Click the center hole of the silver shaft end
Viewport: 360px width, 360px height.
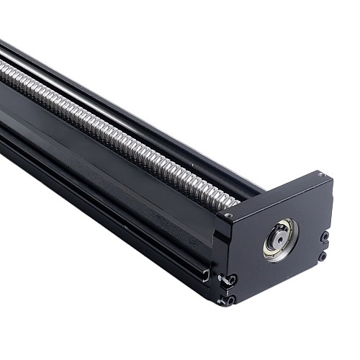click(278, 237)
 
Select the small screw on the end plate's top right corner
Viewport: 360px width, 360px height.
click(320, 175)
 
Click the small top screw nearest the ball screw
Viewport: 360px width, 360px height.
click(228, 215)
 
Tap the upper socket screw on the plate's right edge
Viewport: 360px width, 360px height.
click(325, 236)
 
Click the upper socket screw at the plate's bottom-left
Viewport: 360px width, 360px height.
click(230, 279)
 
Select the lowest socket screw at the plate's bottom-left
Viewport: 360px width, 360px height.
click(230, 299)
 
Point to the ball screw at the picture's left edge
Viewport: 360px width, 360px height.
click(6, 68)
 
